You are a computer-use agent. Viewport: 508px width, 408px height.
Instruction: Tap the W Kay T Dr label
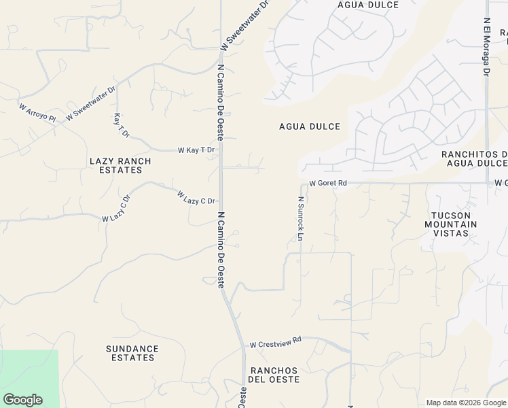tap(196, 150)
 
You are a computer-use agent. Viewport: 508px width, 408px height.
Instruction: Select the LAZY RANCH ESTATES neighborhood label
tap(120, 165)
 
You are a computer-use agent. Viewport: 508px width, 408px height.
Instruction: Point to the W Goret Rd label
tap(328, 183)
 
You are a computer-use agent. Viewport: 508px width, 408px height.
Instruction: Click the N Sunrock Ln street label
tap(299, 218)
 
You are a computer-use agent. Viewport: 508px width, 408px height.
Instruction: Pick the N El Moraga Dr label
tap(487, 47)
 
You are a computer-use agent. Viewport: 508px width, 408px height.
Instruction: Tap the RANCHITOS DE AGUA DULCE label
tap(475, 158)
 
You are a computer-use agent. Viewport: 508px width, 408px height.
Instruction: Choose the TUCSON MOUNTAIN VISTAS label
tap(455, 224)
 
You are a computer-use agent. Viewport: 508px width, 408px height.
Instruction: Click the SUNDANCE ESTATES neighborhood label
tap(132, 353)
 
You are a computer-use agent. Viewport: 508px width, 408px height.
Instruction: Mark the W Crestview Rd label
tap(275, 345)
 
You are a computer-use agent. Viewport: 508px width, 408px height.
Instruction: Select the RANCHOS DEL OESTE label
tap(275, 375)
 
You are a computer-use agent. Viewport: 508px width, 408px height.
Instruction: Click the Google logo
tap(22, 400)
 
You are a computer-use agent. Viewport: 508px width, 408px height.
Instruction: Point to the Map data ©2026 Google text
tap(465, 403)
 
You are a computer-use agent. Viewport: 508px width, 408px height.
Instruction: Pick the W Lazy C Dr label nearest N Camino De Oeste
tap(196, 197)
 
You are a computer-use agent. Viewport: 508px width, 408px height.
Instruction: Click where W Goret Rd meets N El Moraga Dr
tap(488, 182)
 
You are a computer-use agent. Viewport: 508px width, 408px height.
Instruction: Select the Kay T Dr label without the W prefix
tap(122, 125)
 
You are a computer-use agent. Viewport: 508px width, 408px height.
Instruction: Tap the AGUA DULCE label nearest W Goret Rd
tap(310, 126)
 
